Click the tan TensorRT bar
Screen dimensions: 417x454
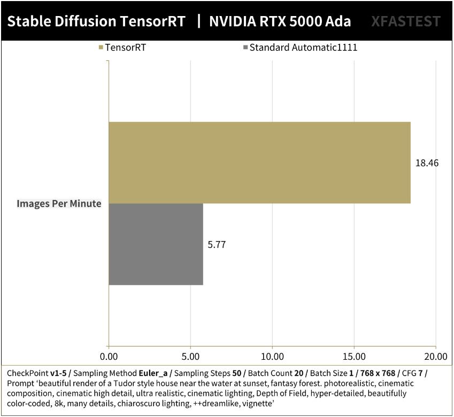pyautogui.click(x=259, y=163)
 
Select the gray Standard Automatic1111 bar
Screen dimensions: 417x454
pyautogui.click(x=156, y=244)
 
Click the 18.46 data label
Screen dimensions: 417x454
pyautogui.click(x=427, y=163)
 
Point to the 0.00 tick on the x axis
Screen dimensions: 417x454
pyautogui.click(x=109, y=356)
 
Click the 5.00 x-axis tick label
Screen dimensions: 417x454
pyautogui.click(x=190, y=356)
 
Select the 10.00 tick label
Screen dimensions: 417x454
pyautogui.click(x=272, y=356)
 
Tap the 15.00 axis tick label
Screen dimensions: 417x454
pyautogui.click(x=354, y=356)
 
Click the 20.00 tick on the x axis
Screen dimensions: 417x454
pyautogui.click(x=435, y=356)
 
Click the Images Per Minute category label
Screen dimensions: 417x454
pyautogui.click(x=59, y=203)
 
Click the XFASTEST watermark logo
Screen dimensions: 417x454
pyautogui.click(x=406, y=21)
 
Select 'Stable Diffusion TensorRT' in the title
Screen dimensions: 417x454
pyautogui.click(x=97, y=21)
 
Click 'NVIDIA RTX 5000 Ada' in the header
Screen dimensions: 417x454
pyautogui.click(x=280, y=21)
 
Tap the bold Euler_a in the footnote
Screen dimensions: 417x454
pyautogui.click(x=154, y=373)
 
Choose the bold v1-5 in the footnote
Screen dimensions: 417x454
pyautogui.click(x=58, y=373)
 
